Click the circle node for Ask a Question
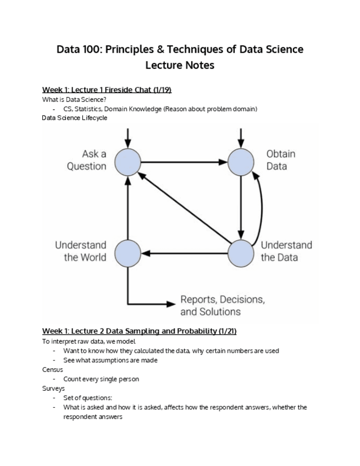pyautogui.click(x=128, y=162)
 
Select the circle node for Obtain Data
pyautogui.click(x=241, y=162)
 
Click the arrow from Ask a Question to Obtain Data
pyautogui.click(x=184, y=162)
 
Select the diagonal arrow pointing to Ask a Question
pyautogui.click(x=184, y=207)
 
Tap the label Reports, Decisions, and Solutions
pyautogui.click(x=222, y=306)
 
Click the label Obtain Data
pyautogui.click(x=281, y=159)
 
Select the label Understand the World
pyautogui.click(x=80, y=251)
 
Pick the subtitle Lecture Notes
pyautogui.click(x=180, y=65)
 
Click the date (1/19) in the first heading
pyautogui.click(x=168, y=90)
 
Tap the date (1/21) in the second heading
pyautogui.click(x=225, y=331)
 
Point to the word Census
pyautogui.click(x=52, y=370)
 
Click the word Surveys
pyautogui.click(x=53, y=389)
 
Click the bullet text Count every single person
pyautogui.click(x=101, y=379)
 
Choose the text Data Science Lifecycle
pyautogui.click(x=75, y=118)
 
